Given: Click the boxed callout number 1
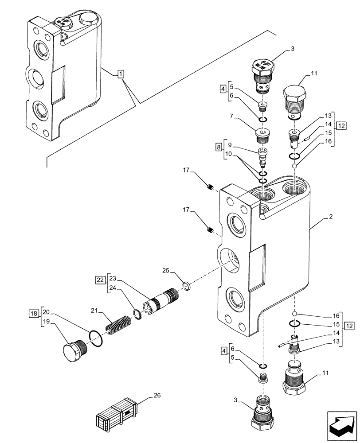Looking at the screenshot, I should pyautogui.click(x=121, y=74).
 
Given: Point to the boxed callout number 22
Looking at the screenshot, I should pyautogui.click(x=100, y=279).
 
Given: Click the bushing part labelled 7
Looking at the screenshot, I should pyautogui.click(x=263, y=134).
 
